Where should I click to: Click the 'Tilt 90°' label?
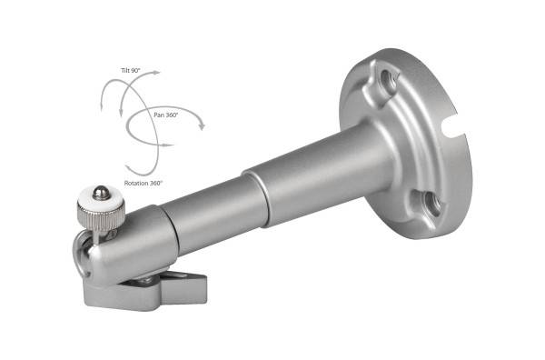click(x=131, y=70)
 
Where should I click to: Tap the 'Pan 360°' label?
click(x=166, y=115)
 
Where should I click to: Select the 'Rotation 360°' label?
click(x=144, y=183)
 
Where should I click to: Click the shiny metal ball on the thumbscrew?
click(x=101, y=193)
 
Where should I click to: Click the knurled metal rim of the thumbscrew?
click(x=101, y=216)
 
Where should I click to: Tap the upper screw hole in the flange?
click(x=388, y=82)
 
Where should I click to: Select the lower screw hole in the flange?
click(x=431, y=203)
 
